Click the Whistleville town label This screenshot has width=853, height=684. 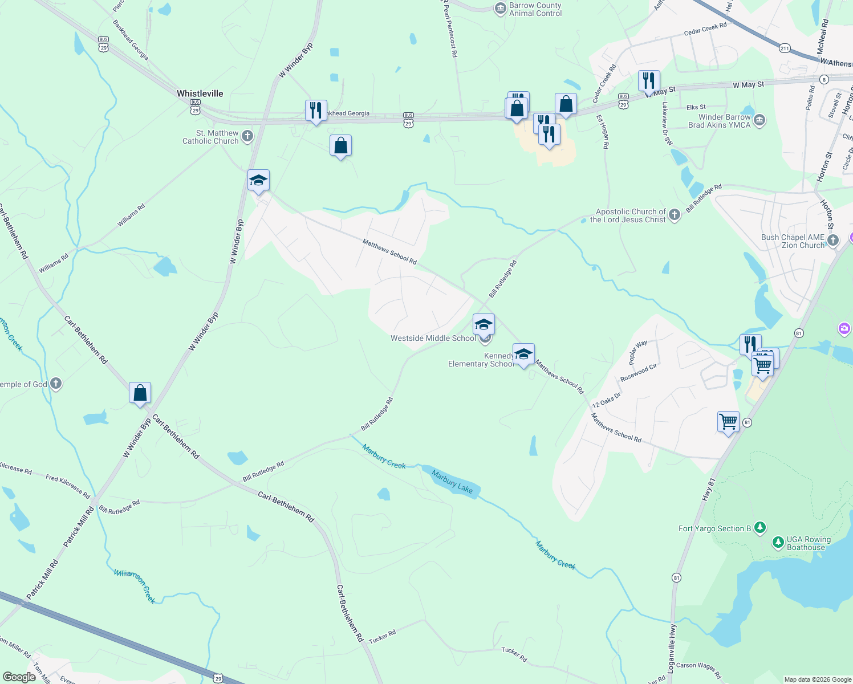click(x=200, y=93)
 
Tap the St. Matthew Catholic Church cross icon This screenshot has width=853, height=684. click(x=247, y=136)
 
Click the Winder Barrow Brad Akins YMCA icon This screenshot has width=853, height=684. click(x=759, y=120)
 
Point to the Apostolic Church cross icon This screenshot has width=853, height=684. click(x=675, y=215)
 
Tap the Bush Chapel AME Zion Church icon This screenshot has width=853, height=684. click(x=832, y=241)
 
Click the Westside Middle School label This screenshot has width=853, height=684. click(x=433, y=338)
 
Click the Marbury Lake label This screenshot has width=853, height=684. click(x=452, y=481)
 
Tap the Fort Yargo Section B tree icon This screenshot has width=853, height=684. click(x=759, y=528)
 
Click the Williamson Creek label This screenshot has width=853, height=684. click(x=135, y=585)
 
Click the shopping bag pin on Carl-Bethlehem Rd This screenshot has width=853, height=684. click(x=140, y=393)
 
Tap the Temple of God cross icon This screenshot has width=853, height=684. click(x=56, y=384)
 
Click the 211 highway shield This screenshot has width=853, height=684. click(x=785, y=48)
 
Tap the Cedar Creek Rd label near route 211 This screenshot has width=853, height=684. click(x=705, y=29)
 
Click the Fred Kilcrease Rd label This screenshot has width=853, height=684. click(x=68, y=486)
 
